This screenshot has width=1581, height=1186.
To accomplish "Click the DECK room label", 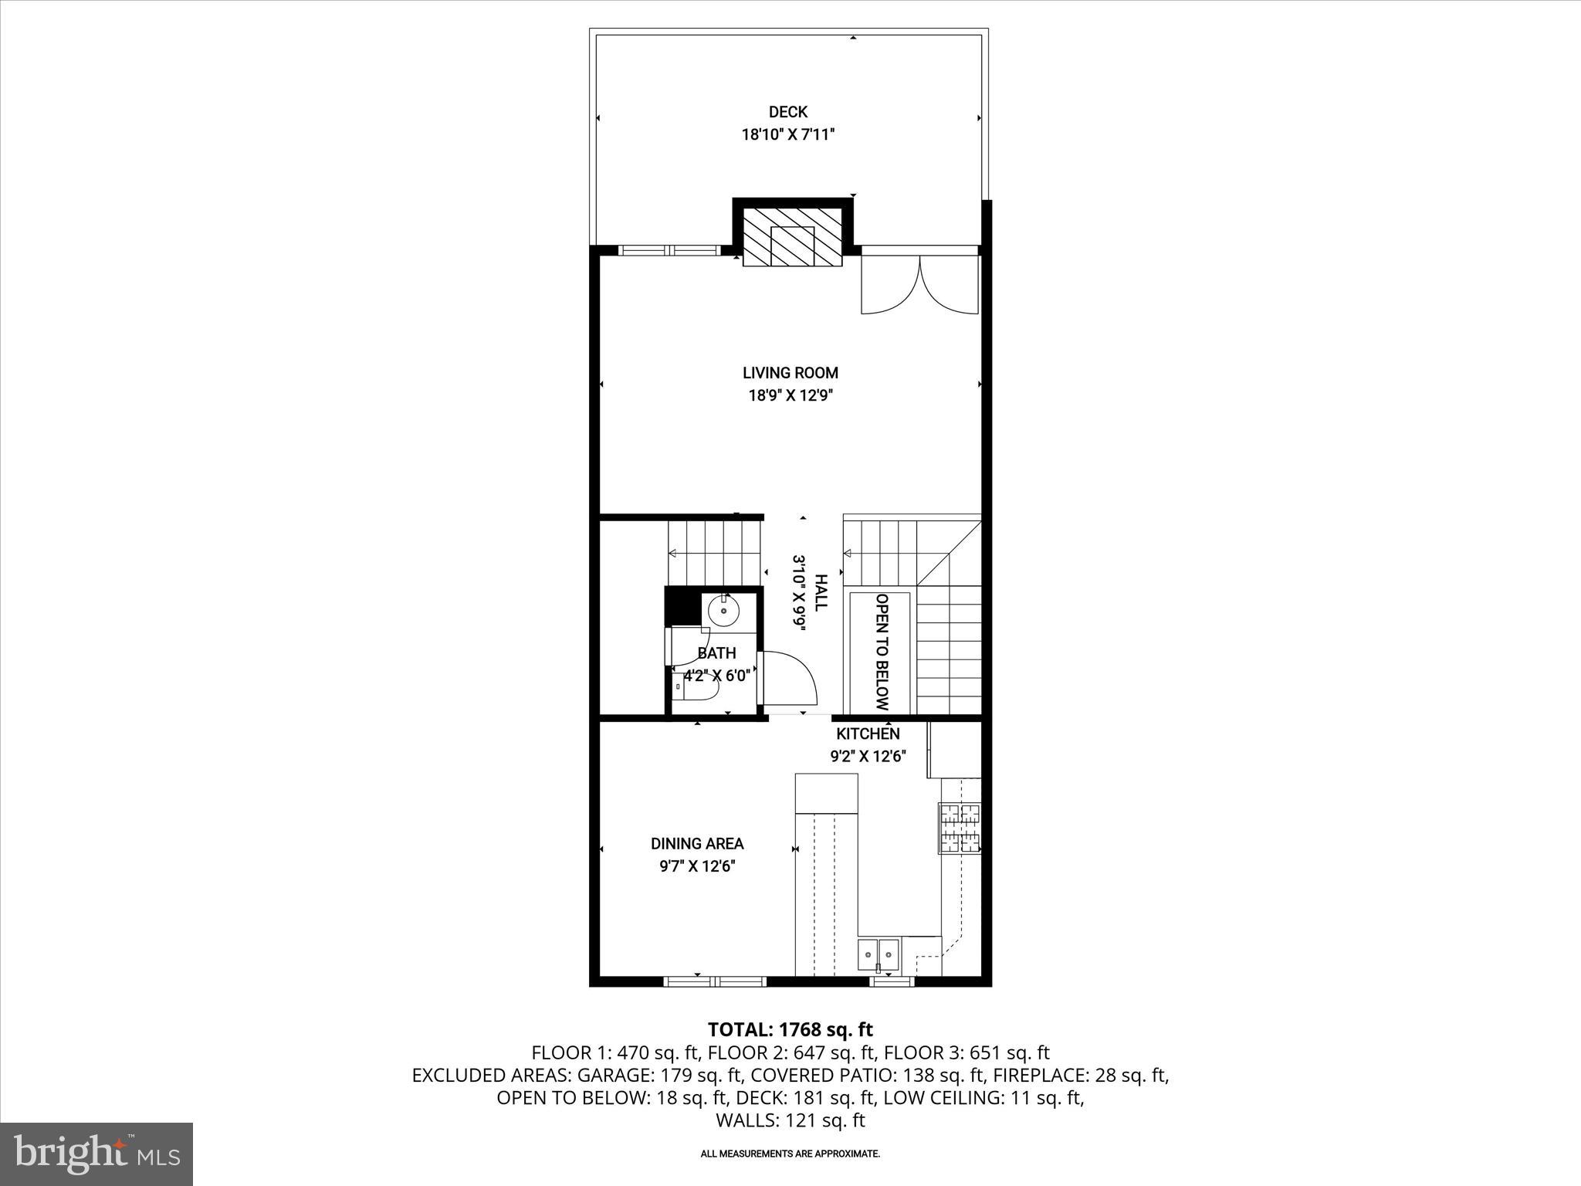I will click(787, 112).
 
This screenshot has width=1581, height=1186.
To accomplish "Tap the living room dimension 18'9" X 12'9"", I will click(790, 396).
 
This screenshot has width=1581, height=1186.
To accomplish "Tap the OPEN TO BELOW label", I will click(882, 652).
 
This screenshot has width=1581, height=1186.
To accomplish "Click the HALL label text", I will click(821, 592).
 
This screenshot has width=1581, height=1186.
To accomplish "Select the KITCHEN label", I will click(868, 734).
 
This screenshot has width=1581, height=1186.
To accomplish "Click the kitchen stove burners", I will click(960, 828).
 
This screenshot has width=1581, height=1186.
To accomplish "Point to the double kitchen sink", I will click(879, 955).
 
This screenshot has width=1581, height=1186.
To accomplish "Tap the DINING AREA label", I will click(697, 844).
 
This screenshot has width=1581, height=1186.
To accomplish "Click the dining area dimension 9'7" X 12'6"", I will click(697, 866).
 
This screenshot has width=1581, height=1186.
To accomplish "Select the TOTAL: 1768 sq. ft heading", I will click(790, 1029).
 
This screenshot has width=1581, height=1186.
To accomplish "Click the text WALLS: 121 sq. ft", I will click(790, 1120).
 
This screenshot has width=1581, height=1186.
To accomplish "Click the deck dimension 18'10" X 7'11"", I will click(787, 134).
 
